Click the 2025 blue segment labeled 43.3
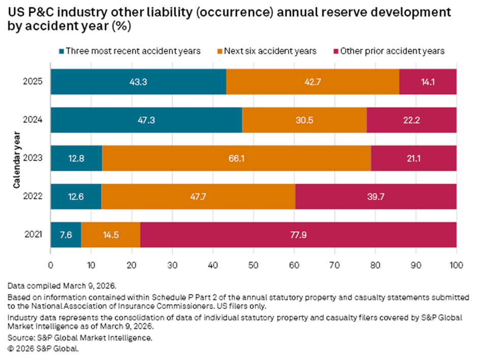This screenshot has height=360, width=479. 138,81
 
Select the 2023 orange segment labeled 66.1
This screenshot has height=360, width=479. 236,158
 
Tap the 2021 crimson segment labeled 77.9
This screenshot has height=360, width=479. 298,235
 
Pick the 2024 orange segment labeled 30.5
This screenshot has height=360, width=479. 304,120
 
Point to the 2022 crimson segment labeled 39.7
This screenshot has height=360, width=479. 376,197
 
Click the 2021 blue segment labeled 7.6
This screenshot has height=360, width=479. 66,235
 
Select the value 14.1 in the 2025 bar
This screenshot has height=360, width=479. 428,81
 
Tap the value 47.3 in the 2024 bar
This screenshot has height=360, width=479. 146,120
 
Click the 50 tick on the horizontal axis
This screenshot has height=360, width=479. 253,265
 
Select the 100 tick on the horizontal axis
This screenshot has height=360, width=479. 456,265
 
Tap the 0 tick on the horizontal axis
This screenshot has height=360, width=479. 50,265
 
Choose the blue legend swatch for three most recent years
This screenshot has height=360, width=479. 62,51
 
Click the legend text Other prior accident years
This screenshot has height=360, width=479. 392,51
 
